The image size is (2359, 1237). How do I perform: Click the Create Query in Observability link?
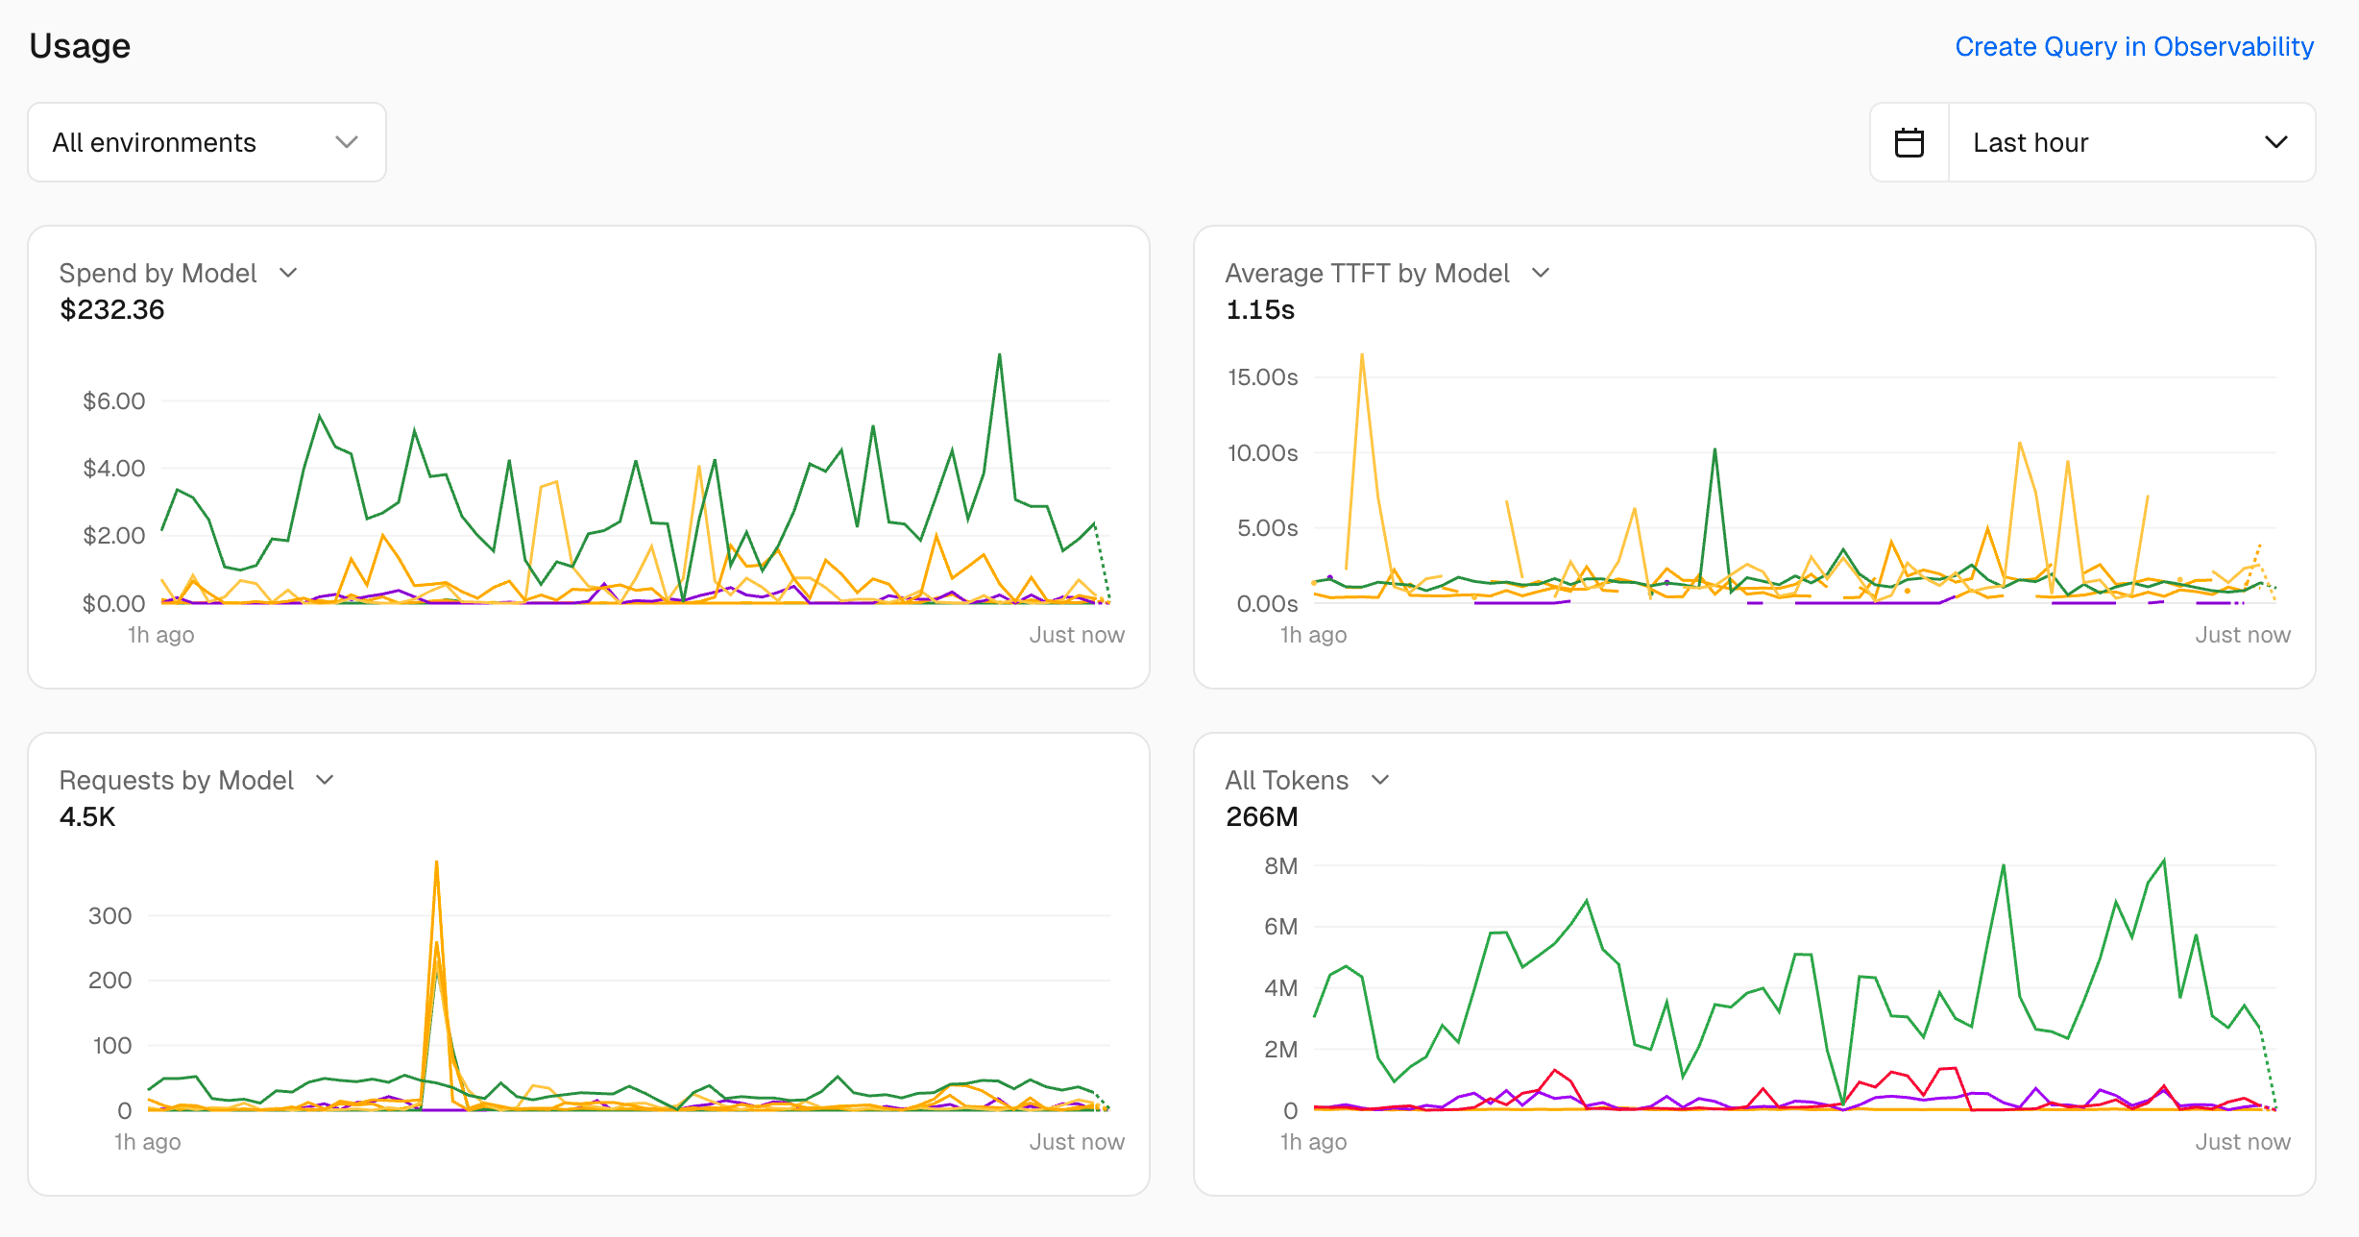(2133, 46)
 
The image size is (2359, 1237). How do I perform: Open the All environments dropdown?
(207, 142)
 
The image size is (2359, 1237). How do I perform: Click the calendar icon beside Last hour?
(1909, 142)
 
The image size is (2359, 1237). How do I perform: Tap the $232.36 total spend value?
(112, 309)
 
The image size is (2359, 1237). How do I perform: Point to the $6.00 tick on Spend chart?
(114, 400)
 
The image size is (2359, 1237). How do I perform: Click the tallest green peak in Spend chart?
(999, 356)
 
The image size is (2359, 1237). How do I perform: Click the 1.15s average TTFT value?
(1260, 309)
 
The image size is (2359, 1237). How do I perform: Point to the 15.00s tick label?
(1262, 376)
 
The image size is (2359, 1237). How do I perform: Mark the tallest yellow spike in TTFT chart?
(1361, 356)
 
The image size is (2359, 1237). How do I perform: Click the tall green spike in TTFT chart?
(1715, 449)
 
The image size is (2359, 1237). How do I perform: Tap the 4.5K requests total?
(87, 816)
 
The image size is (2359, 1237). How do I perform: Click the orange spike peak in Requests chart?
(437, 863)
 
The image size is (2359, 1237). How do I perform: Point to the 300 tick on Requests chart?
(110, 915)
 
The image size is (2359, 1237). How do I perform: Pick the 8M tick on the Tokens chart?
(1280, 865)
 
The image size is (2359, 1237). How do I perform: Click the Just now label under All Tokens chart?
(2242, 1142)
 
